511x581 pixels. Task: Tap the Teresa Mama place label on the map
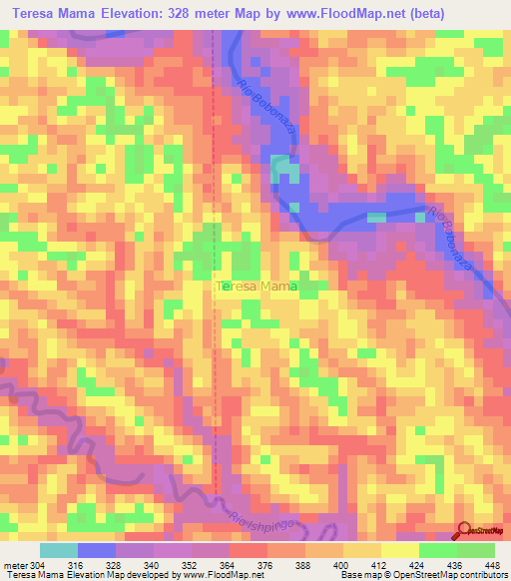(256, 287)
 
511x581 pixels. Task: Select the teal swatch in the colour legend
(58, 550)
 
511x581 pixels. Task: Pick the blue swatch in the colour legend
(97, 550)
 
